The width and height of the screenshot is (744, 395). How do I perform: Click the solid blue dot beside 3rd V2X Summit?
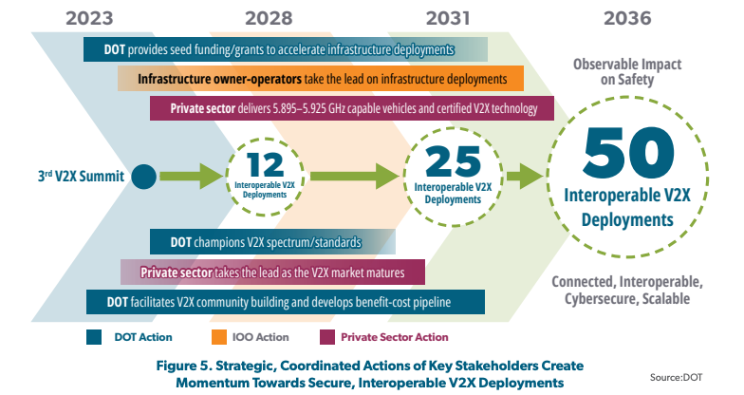143,176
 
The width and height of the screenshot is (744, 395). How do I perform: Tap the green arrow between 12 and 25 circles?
351,175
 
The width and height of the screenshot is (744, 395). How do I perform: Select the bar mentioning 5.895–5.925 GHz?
352,108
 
